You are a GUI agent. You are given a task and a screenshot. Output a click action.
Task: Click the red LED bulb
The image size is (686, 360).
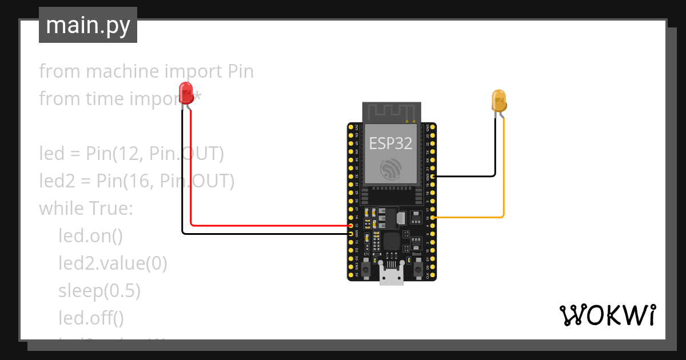(x=186, y=93)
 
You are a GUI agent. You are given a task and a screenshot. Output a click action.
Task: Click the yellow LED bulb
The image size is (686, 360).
(x=498, y=100)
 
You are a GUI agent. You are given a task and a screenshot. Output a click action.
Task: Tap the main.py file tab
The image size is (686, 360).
(x=88, y=25)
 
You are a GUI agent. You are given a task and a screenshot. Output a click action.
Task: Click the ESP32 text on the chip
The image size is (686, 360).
(x=390, y=143)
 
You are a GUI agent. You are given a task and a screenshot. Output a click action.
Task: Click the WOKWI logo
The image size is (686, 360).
(x=607, y=315)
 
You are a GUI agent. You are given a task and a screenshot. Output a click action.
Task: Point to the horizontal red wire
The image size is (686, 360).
(x=269, y=225)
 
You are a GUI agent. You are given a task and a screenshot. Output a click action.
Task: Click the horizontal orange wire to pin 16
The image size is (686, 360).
(x=469, y=218)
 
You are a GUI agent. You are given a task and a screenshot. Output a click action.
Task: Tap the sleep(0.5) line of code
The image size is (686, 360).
(x=99, y=291)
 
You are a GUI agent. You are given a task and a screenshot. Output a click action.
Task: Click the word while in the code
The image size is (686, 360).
(x=62, y=209)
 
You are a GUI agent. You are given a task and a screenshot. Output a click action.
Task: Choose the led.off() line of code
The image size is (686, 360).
(x=91, y=317)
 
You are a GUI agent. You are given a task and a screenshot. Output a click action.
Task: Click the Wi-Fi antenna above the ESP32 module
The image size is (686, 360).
(x=392, y=112)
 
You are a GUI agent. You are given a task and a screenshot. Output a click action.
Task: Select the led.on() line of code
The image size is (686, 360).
(x=90, y=235)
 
